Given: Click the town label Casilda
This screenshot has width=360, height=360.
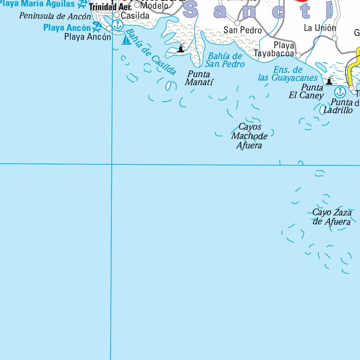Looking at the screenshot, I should click(135, 16).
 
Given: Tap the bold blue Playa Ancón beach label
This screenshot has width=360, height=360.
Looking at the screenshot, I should click(67, 27).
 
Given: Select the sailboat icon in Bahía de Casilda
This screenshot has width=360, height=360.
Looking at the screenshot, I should click(126, 40).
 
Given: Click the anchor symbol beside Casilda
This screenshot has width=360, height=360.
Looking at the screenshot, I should click(119, 25).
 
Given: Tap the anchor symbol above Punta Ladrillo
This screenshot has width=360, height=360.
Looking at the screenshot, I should click(340, 92).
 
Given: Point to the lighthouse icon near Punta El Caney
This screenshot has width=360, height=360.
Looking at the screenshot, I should click(329, 81).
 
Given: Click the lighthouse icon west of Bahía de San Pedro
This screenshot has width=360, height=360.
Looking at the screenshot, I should click(181, 48).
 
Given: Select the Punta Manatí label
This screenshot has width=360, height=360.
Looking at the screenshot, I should click(199, 78).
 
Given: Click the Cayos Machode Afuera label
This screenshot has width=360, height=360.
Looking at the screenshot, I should click(249, 136).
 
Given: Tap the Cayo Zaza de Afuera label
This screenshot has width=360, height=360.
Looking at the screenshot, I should click(332, 217).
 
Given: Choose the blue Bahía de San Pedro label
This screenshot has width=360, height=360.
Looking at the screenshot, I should click(225, 60).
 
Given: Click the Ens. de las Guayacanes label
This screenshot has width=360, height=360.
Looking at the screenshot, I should click(288, 74).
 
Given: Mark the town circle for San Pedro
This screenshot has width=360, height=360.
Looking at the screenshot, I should click(237, 23).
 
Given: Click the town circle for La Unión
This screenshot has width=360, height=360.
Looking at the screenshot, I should click(335, 38).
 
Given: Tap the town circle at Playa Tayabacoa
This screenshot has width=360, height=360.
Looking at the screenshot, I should click(298, 55).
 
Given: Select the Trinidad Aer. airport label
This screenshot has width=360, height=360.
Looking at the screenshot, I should click(110, 7).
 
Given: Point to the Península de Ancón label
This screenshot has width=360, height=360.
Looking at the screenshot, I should click(55, 16).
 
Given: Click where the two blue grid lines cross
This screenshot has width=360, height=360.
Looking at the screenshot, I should click(112, 164).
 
